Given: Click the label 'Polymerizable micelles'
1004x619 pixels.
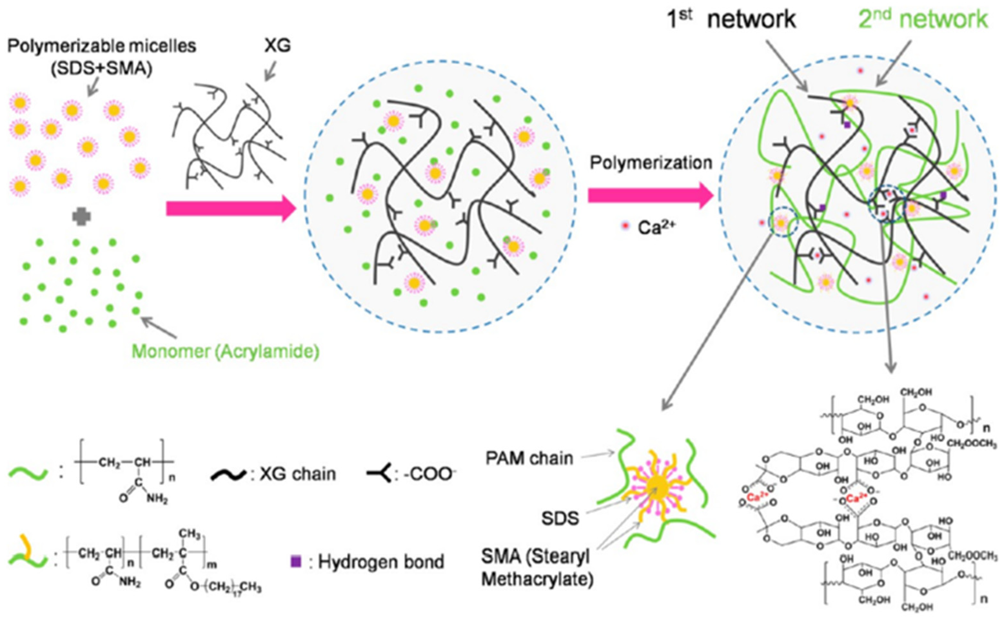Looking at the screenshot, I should [x=102, y=46].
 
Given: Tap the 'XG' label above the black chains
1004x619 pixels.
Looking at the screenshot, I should [x=278, y=45].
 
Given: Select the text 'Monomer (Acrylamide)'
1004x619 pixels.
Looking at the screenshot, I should [x=225, y=352].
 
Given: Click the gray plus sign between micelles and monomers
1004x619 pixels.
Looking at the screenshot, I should [x=82, y=217].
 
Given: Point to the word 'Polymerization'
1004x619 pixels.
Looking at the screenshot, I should [x=651, y=163].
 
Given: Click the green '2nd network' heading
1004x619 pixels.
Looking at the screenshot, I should [x=923, y=19].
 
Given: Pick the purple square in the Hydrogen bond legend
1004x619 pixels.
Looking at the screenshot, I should [x=296, y=561].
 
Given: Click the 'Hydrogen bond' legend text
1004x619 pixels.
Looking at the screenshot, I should [x=381, y=562].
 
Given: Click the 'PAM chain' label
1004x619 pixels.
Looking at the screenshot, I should [x=529, y=458].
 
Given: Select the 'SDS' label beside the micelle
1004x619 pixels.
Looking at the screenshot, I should [x=560, y=519].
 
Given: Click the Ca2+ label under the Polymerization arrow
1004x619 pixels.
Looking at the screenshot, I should [x=655, y=228].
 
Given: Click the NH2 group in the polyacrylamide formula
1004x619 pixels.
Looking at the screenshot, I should [x=157, y=499].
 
